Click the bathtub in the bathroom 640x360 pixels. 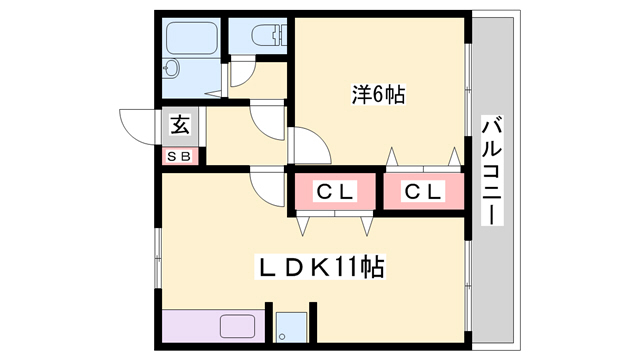[x=190, y=38]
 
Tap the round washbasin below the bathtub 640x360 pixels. [x=171, y=70]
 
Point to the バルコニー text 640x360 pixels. [x=492, y=170]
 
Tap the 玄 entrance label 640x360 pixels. [x=180, y=126]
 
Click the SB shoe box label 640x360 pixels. [x=182, y=156]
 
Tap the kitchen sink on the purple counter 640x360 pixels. [x=238, y=326]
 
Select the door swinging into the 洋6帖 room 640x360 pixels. [x=312, y=147]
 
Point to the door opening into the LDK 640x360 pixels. [x=268, y=186]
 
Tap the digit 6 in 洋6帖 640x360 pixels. [x=381, y=96]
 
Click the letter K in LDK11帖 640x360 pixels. [x=315, y=267]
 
